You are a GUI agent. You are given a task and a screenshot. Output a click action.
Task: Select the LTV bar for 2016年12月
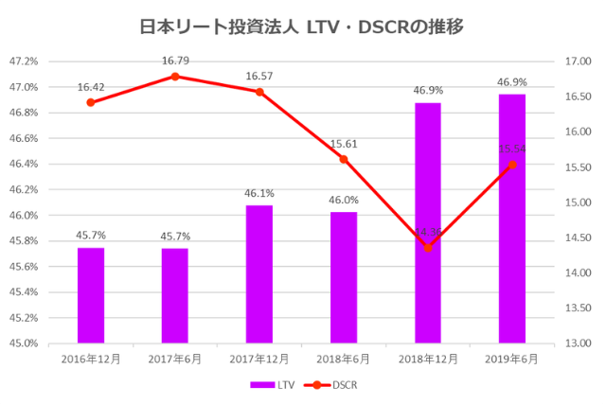pyautogui.click(x=91, y=294)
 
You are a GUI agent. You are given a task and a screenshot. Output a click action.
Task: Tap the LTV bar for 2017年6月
pyautogui.click(x=175, y=294)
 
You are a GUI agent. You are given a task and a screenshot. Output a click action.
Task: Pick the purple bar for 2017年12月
pyautogui.click(x=259, y=273)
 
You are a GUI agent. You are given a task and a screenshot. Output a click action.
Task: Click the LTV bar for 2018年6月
pyautogui.click(x=344, y=276)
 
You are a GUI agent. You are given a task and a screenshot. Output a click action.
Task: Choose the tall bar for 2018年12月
pyautogui.click(x=428, y=222)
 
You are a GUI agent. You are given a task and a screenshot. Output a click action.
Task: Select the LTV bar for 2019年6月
pyautogui.click(x=512, y=218)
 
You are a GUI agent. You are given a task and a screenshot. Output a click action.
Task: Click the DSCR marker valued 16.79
pyautogui.click(x=175, y=76)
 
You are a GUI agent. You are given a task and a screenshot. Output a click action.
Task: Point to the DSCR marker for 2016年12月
pyautogui.click(x=91, y=102)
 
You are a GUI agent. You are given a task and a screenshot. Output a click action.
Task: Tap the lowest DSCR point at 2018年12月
pyautogui.click(x=428, y=248)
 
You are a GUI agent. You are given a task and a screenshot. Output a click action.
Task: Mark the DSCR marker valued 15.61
pyautogui.click(x=344, y=159)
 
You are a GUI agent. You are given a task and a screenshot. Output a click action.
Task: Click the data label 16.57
pyautogui.click(x=259, y=75)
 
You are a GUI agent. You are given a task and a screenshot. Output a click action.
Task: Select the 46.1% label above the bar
pyautogui.click(x=259, y=193)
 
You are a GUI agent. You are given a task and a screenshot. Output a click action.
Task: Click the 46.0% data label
pyautogui.click(x=344, y=200)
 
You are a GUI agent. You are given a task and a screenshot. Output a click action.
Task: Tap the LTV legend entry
pyautogui.click(x=274, y=385)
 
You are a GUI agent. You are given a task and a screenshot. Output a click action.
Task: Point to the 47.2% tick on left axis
pyautogui.click(x=24, y=61)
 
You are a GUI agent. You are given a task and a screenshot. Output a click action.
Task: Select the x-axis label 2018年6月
pyautogui.click(x=344, y=360)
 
